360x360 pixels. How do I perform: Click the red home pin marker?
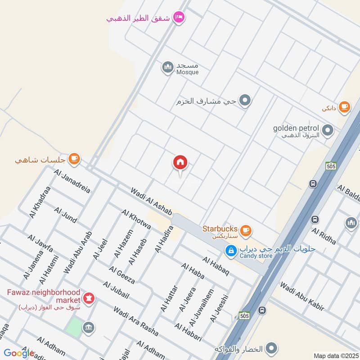(180, 163)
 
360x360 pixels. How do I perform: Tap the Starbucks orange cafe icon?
(245, 230)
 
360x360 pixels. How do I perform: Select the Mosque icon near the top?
(168, 67)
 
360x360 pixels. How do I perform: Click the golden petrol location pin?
(328, 131)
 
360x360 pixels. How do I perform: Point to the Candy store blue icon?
(231, 250)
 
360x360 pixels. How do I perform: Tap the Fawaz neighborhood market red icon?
(89, 299)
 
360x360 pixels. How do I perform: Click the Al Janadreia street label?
(72, 181)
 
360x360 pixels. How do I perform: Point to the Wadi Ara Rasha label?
(135, 321)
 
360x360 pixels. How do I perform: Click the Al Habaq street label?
(216, 266)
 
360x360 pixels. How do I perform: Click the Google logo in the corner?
(19, 353)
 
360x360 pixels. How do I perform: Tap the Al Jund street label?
(65, 214)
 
